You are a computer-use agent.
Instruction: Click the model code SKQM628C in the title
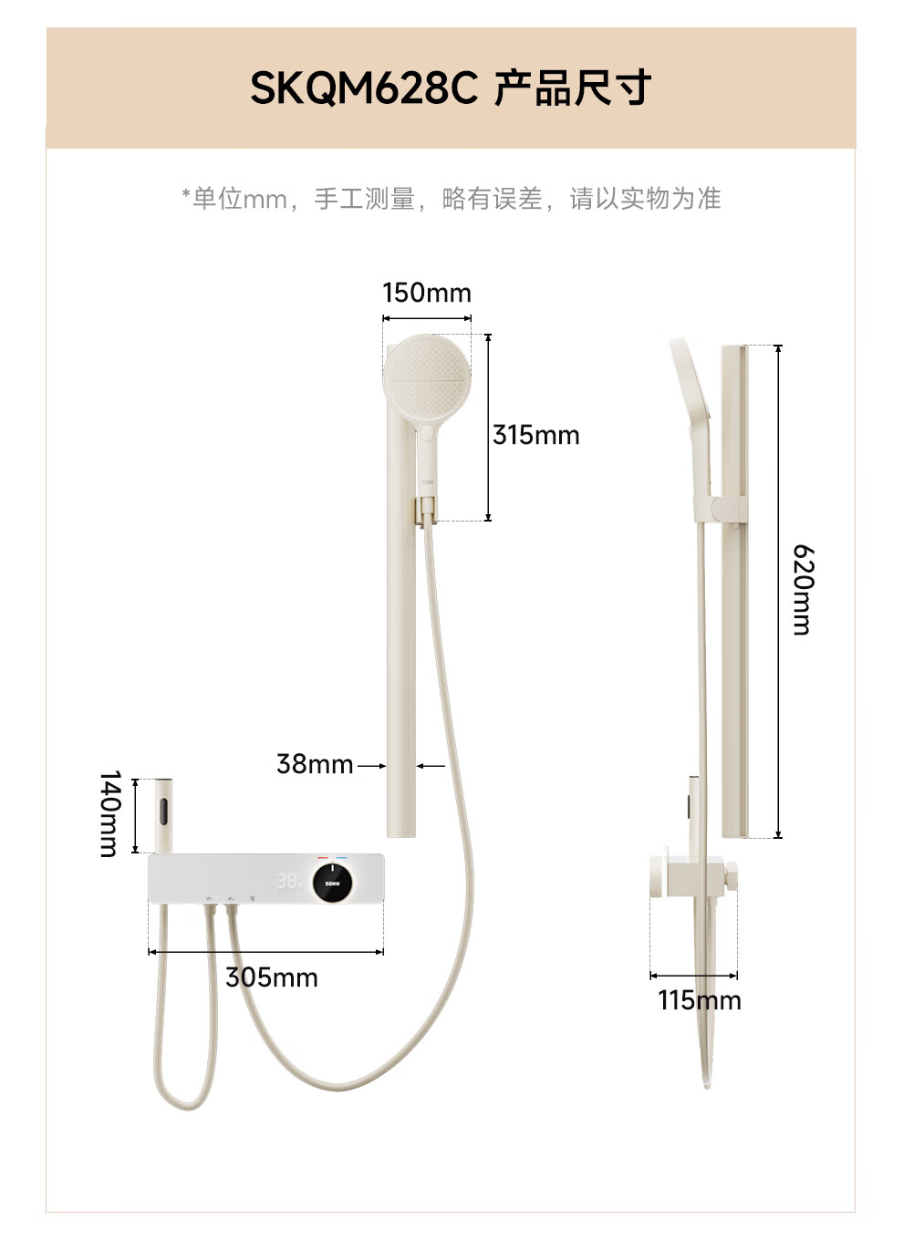[x=364, y=88]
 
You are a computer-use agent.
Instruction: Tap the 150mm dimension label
[x=427, y=293]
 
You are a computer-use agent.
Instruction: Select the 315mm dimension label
[x=536, y=435]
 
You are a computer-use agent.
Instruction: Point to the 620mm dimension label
[x=802, y=589]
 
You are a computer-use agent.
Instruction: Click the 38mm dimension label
[x=315, y=764]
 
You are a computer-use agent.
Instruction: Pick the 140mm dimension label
[x=109, y=813]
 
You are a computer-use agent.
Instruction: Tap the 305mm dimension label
[x=272, y=977]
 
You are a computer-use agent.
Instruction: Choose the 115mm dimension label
[x=700, y=1000]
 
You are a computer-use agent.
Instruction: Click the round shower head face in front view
[x=426, y=377]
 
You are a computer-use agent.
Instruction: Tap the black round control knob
[x=332, y=883]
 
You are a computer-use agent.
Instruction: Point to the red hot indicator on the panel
[x=323, y=858]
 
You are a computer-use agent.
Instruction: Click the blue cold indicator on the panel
[x=343, y=858]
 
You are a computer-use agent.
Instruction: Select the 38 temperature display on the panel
[x=288, y=882]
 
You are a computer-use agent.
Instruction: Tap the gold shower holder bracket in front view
[x=427, y=511]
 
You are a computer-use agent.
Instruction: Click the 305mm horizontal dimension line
[x=265, y=952]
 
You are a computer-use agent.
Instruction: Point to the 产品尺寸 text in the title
[x=573, y=88]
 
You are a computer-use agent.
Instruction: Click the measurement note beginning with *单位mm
[x=451, y=198]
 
